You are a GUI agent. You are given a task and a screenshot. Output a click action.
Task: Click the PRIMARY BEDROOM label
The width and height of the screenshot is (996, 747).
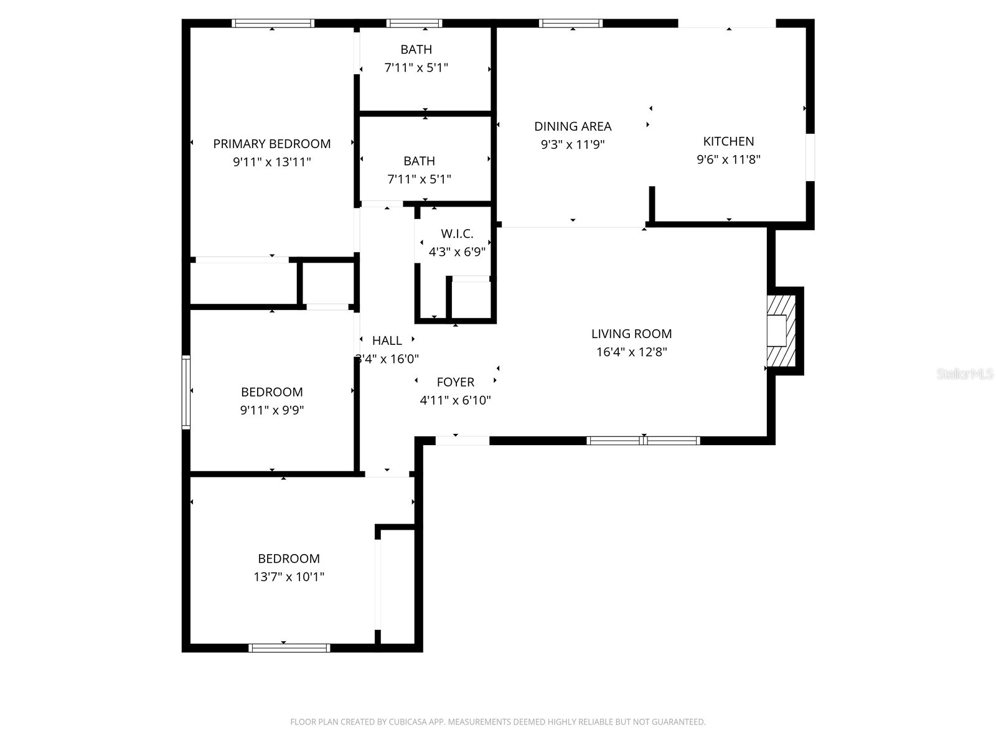(272, 144)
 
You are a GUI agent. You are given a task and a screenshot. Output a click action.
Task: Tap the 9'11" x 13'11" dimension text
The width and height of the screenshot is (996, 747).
(272, 162)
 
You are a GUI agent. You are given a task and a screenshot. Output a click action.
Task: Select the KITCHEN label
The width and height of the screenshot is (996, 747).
(728, 141)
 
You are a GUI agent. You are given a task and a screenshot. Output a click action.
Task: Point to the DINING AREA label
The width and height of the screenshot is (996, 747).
(573, 126)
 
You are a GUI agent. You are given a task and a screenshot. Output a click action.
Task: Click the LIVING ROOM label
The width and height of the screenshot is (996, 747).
(631, 334)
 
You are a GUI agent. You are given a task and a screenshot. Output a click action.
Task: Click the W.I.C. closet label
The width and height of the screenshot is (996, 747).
(457, 234)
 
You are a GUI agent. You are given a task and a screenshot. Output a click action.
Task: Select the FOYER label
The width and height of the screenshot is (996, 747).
(455, 382)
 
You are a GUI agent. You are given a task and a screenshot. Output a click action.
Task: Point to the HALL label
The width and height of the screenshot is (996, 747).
(387, 341)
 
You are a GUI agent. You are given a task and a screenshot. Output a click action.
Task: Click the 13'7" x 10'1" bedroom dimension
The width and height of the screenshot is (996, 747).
(289, 577)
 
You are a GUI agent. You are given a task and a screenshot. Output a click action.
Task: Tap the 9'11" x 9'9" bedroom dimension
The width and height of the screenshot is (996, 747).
(272, 410)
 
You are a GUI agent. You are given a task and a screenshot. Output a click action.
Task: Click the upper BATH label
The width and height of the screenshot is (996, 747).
(416, 50)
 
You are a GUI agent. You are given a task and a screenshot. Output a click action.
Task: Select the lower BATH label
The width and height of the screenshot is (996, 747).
(419, 161)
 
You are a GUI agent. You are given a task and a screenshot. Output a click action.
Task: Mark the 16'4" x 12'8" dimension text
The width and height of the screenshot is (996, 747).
(631, 352)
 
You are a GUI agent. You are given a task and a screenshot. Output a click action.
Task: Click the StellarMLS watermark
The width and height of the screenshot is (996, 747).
(965, 374)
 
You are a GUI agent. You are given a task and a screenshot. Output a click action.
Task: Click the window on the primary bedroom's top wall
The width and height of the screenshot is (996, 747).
(273, 24)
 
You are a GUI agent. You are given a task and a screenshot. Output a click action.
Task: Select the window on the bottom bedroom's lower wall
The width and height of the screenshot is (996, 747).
(289, 648)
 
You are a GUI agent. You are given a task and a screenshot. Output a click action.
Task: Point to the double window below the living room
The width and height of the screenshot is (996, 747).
(644, 441)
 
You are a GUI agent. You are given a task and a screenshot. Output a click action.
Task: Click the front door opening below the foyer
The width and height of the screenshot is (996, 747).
(462, 441)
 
